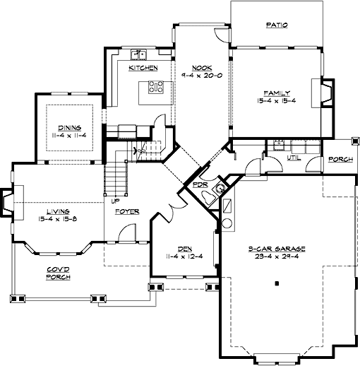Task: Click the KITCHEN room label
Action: coord(143,69)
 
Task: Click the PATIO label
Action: coord(277,25)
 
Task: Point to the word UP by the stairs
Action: coord(114,201)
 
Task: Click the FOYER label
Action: coord(128,211)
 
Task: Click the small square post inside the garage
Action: coord(277,283)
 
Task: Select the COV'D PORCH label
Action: coord(58,273)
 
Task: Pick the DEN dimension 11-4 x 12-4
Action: coord(185,256)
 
